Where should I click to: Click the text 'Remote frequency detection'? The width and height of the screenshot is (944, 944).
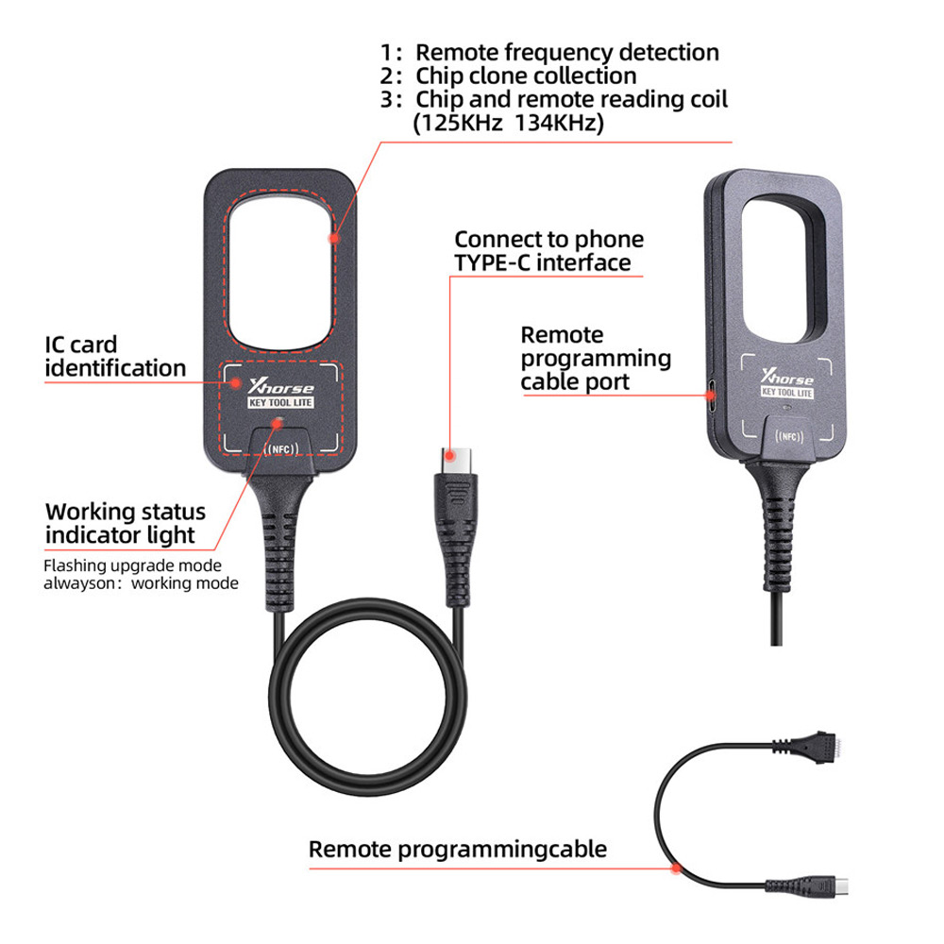567,53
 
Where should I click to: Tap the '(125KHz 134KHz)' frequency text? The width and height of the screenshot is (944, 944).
509,123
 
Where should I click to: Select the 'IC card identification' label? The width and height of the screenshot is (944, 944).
115,357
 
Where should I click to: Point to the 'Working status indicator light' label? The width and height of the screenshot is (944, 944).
126,523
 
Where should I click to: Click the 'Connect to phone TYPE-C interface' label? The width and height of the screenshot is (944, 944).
549,251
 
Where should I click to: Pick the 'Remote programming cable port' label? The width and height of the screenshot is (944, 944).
596,358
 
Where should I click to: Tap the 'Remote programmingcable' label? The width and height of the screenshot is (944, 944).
458,849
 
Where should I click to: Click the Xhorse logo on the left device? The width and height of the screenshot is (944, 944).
281,386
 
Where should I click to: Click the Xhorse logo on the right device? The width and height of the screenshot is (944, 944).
787,378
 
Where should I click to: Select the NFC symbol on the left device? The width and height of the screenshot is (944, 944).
281,449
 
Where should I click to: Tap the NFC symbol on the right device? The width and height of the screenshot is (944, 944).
788,436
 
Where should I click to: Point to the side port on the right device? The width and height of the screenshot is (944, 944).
711,396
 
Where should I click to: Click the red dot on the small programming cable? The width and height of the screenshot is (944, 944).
676,868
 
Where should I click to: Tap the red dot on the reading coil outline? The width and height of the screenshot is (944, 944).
335,239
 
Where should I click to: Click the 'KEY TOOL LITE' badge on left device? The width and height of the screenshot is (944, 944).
280,403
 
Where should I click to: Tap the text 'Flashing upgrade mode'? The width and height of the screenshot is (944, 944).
132,565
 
